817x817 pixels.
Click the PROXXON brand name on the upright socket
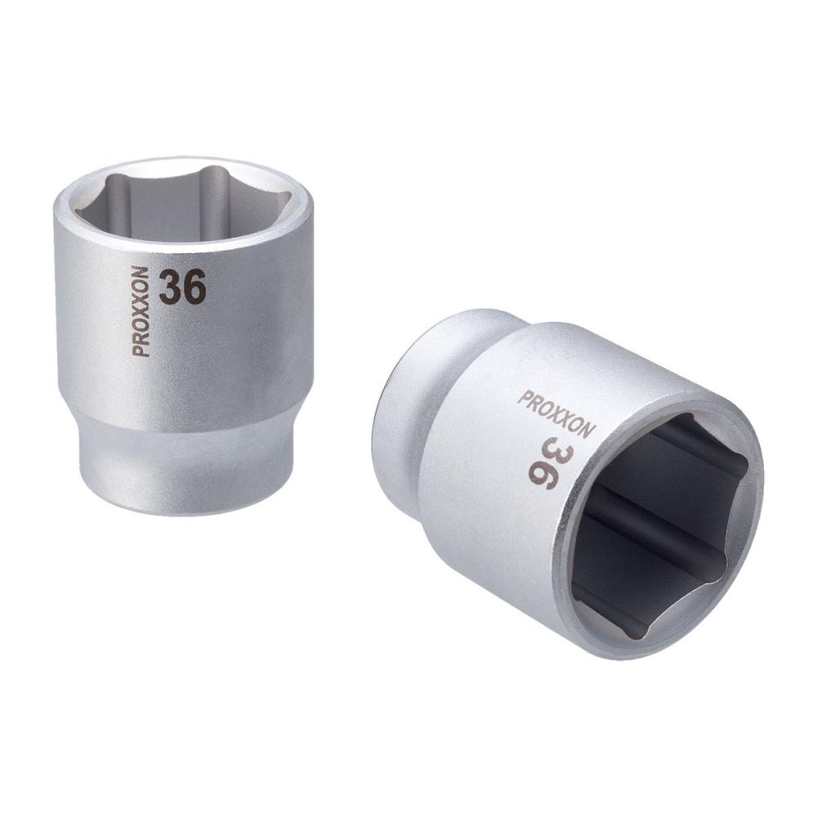click(141, 311)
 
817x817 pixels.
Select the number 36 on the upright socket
click(182, 287)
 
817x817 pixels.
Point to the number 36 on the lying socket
click(544, 462)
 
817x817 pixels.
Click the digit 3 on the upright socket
click(171, 288)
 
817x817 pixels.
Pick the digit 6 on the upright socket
click(195, 287)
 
